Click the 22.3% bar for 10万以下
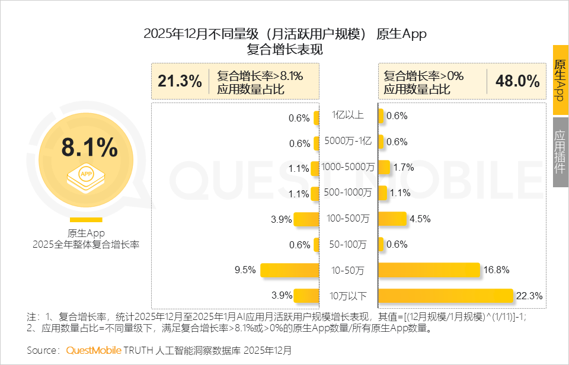pos(445,296)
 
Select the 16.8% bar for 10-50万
pos(429,270)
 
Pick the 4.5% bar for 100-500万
pos(392,219)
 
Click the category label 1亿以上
pos(349,115)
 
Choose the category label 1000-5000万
pos(349,167)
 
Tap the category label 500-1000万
pos(349,193)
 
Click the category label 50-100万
pos(349,244)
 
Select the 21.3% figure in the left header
pos(180,81)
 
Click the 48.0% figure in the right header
pos(517,81)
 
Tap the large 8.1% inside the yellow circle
pos(89,148)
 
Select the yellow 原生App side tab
pos(560,80)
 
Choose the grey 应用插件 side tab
pos(560,152)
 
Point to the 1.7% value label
pos(403,168)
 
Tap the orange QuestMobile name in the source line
pos(94,350)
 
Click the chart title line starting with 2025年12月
pos(285,34)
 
